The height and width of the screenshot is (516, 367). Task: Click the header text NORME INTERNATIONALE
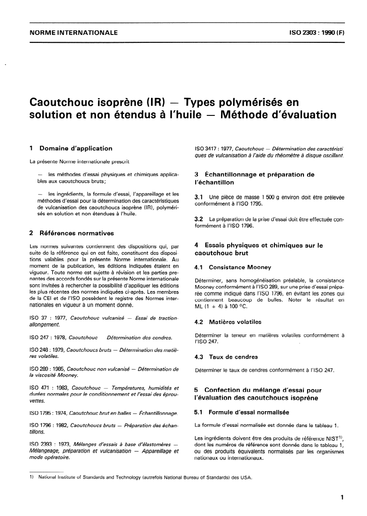[x=73, y=33]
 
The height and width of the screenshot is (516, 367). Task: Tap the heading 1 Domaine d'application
[x=70, y=149]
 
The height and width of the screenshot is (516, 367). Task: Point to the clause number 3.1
[x=199, y=197]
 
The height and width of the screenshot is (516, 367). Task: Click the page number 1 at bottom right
[x=342, y=498]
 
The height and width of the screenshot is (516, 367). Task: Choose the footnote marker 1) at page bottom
[x=31, y=478]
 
